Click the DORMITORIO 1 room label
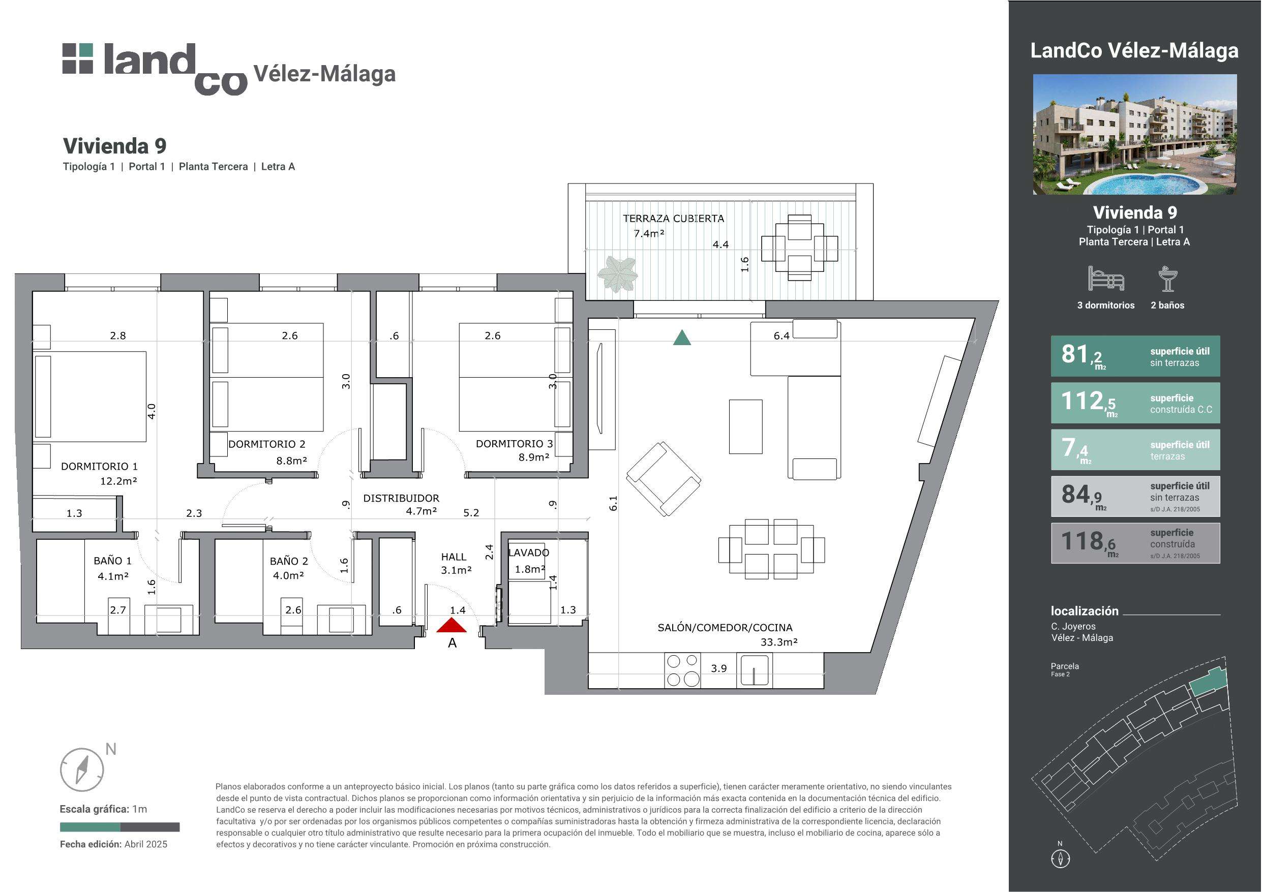pos(100,466)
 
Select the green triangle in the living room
pos(682,337)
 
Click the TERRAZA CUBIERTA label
pos(673,218)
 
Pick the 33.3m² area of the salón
pos(779,641)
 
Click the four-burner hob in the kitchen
pos(683,670)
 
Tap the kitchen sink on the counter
pos(754,670)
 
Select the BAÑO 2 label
pos(289,561)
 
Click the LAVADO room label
pos(528,552)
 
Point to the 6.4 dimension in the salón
pos(781,336)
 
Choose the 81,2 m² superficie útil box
pos(1135,356)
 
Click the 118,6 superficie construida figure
pos(1088,542)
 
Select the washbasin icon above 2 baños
pos(1167,279)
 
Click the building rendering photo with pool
pos(1135,134)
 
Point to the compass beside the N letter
pos(82,770)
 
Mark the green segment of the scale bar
pos(90,826)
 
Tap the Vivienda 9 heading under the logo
pos(114,146)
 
